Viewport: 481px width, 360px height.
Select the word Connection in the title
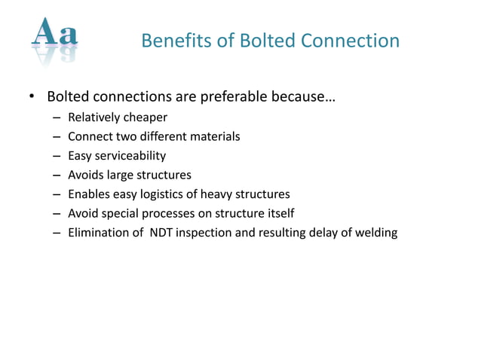coord(353,41)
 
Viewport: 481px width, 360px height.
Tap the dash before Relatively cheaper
coord(57,118)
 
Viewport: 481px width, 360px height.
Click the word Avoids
coord(85,175)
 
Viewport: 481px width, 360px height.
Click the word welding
coord(375,233)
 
